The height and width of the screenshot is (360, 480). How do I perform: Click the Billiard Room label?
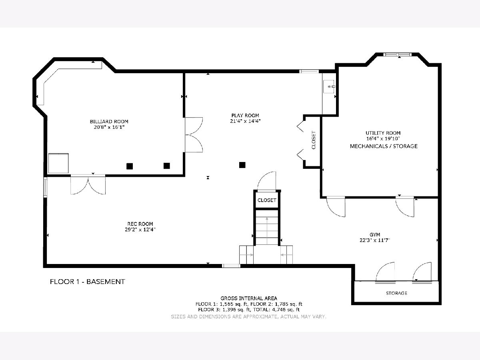point(109,122)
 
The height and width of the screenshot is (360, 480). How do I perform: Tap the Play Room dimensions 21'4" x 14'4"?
point(245,121)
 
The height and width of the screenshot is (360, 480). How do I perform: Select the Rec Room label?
point(140,224)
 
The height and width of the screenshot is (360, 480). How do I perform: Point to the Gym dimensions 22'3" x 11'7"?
point(375,240)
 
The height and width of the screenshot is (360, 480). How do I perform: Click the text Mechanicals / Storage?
point(384,146)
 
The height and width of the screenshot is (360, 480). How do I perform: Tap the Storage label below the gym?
point(396,293)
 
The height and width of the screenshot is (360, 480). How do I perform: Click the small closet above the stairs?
point(267,200)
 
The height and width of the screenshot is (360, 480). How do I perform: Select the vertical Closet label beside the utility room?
point(314,140)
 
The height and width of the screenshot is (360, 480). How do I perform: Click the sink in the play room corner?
point(329,86)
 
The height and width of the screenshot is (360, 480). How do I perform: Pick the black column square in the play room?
point(242,165)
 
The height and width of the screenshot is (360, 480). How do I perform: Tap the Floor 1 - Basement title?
point(88,282)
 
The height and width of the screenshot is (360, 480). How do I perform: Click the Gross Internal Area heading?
point(249,298)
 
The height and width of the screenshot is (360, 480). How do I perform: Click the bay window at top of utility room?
point(398,54)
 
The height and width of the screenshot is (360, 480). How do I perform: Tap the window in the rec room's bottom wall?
point(231,266)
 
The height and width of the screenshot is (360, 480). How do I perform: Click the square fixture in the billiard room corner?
point(58,163)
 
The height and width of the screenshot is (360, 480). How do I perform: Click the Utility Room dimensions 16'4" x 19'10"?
point(383,138)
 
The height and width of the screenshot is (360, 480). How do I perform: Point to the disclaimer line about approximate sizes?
point(249,316)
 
